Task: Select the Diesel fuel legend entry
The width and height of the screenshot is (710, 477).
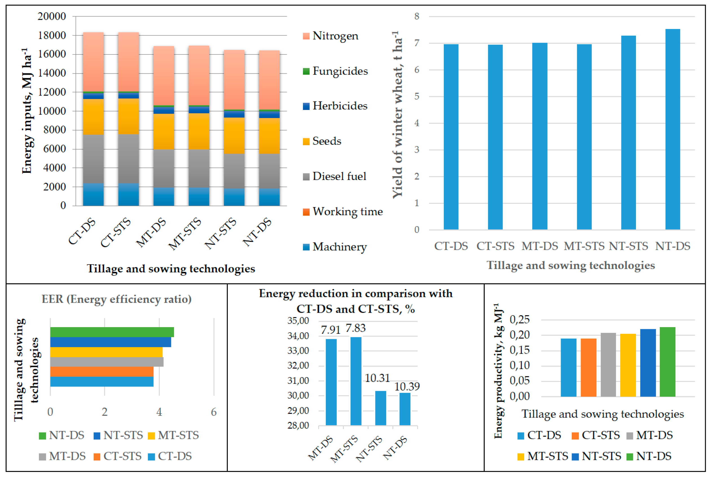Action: [x=339, y=176]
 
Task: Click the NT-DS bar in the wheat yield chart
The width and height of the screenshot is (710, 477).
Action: [x=672, y=129]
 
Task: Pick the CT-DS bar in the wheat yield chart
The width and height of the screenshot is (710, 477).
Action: [x=451, y=137]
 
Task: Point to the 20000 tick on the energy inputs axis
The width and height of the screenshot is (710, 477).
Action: [x=52, y=16]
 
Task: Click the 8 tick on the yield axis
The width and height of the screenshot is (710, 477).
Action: [x=416, y=16]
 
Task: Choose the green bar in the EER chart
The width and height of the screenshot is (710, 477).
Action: [x=112, y=332]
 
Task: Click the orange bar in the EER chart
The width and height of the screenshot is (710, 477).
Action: [x=102, y=372]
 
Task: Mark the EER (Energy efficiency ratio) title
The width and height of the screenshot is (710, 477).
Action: [x=116, y=299]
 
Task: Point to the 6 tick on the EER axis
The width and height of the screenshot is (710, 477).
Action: [x=214, y=412]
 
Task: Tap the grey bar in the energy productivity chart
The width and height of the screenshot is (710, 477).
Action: [x=608, y=365]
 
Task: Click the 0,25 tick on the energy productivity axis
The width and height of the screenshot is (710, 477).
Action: [x=519, y=320]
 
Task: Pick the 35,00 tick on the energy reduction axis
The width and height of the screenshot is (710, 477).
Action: [x=298, y=321]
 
